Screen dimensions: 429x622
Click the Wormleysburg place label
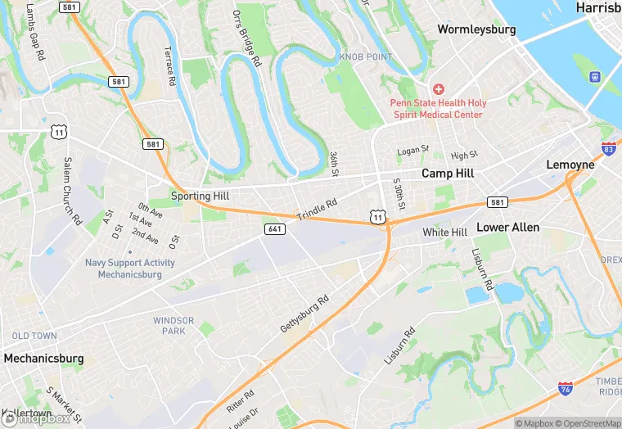click(x=476, y=29)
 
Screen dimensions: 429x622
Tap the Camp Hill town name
click(x=448, y=174)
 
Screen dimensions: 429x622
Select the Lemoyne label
click(x=570, y=165)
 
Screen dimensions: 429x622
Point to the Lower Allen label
click(x=507, y=227)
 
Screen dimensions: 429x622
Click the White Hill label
click(x=444, y=233)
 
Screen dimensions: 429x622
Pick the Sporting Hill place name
click(x=200, y=196)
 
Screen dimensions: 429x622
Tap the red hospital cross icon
click(x=439, y=88)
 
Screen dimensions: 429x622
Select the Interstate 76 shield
click(x=565, y=388)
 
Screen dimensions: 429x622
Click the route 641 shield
click(x=275, y=229)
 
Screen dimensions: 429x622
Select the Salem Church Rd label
click(x=72, y=192)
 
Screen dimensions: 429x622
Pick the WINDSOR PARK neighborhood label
click(x=173, y=326)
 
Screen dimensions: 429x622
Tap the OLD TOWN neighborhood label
click(x=34, y=336)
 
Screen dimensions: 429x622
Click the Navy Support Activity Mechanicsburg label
click(x=129, y=269)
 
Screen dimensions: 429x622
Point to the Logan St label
click(x=412, y=150)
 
